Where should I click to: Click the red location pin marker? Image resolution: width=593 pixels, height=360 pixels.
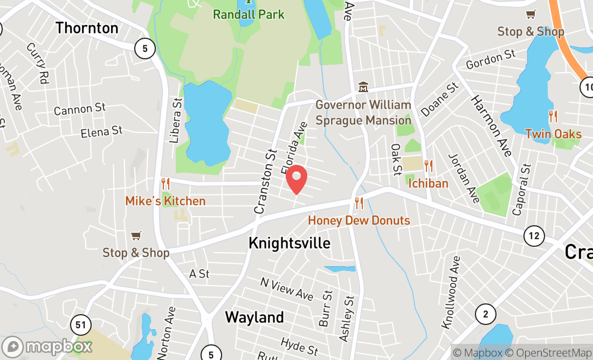click(296, 179)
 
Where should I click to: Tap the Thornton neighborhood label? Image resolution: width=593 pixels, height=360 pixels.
click(87, 28)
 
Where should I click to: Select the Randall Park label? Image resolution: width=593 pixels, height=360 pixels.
click(249, 14)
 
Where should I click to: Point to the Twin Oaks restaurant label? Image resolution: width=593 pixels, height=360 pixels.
click(553, 134)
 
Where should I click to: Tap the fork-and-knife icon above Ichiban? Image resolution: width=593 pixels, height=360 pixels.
click(429, 166)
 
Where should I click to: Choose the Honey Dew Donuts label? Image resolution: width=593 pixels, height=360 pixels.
click(359, 220)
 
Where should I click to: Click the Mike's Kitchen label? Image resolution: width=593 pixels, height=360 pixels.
click(166, 201)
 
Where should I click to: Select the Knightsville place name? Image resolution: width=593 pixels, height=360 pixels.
click(289, 243)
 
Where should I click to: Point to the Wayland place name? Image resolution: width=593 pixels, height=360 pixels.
click(254, 317)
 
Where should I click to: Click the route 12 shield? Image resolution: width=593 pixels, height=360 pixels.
click(534, 235)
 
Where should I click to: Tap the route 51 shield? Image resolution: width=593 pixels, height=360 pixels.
click(80, 325)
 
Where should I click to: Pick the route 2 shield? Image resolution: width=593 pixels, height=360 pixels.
click(486, 314)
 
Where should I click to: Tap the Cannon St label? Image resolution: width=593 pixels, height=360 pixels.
click(80, 109)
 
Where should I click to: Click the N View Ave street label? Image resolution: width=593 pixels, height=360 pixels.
click(286, 289)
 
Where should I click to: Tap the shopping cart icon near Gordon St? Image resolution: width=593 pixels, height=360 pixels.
click(531, 15)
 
